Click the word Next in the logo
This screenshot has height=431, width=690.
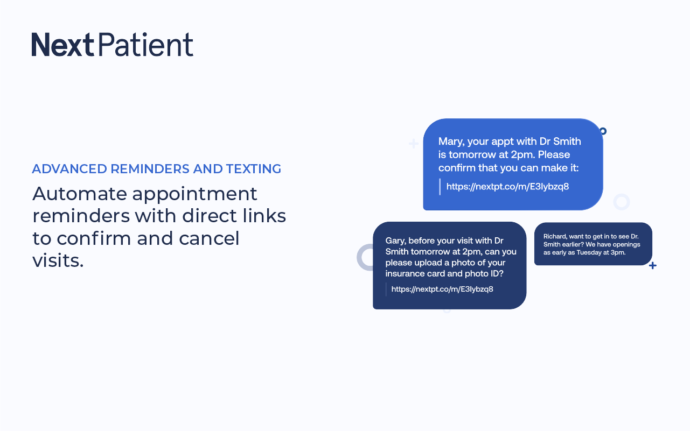pyautogui.click(x=62, y=45)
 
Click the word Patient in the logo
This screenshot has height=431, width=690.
pyautogui.click(x=145, y=45)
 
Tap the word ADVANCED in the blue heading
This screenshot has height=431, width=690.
pyautogui.click(x=69, y=169)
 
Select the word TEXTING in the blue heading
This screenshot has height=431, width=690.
pyautogui.click(x=254, y=169)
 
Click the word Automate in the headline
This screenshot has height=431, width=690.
pyautogui.click(x=80, y=194)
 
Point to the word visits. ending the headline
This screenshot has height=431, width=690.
pyautogui.click(x=58, y=260)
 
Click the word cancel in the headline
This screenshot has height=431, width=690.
pyautogui.click(x=209, y=238)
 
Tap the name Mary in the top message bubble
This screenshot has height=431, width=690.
pyautogui.click(x=451, y=142)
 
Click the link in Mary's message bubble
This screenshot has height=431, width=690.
pyautogui.click(x=507, y=187)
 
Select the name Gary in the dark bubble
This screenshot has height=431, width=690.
pyautogui.click(x=395, y=241)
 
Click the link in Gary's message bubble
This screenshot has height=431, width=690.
pyautogui.click(x=442, y=289)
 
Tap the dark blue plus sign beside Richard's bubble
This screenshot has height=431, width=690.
pyautogui.click(x=652, y=265)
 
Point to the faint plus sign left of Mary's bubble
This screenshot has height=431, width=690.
pyautogui.click(x=414, y=144)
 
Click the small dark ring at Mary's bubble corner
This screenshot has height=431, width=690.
pyautogui.click(x=603, y=131)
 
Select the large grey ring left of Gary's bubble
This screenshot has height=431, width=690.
pyautogui.click(x=359, y=258)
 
